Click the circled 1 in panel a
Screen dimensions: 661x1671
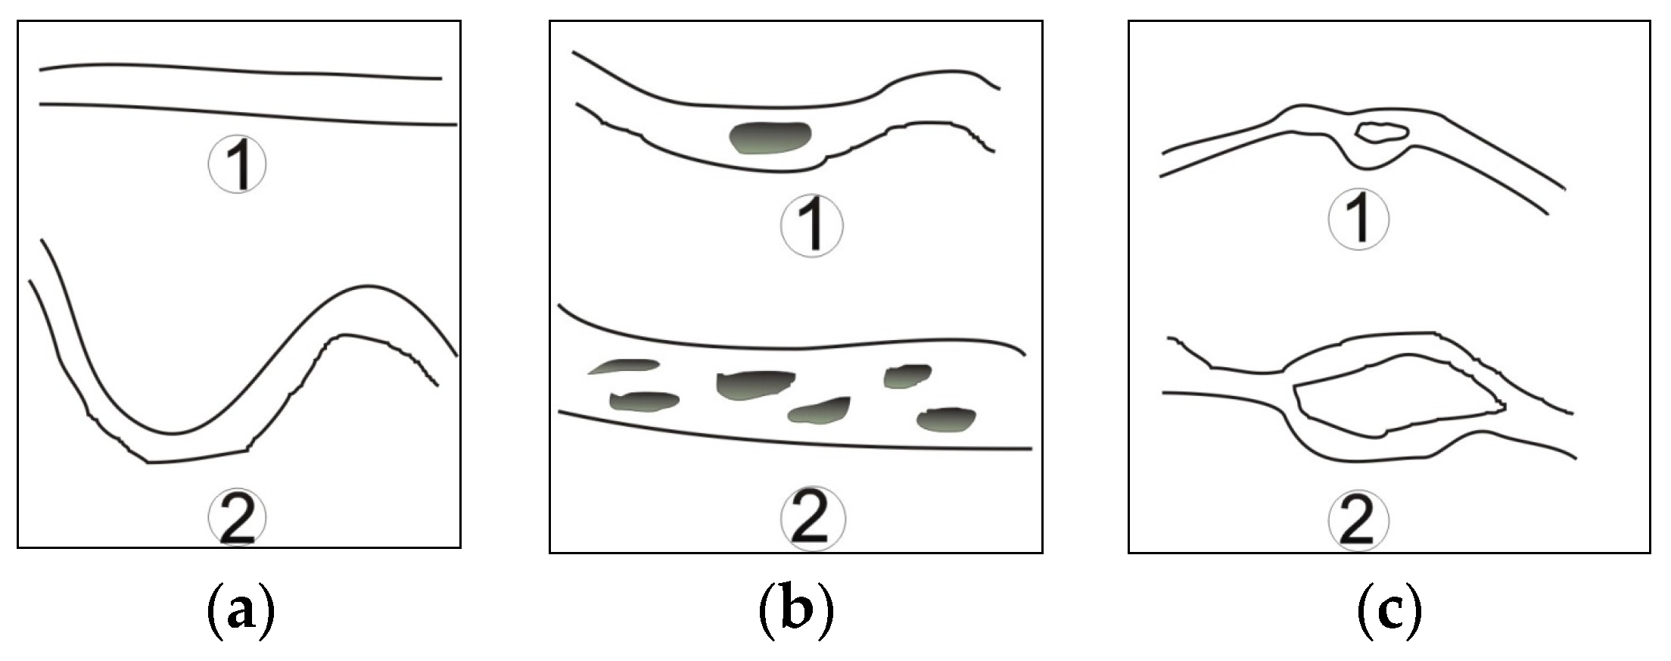tap(238, 164)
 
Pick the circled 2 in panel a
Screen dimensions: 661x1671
tap(238, 518)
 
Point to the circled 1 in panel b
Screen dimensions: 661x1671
tap(812, 225)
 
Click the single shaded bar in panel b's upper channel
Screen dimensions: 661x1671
tap(770, 138)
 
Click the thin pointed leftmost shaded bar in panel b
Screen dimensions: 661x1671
tap(625, 366)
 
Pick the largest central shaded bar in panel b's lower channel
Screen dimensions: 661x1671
tap(754, 383)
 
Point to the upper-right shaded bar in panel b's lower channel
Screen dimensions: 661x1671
tap(907, 375)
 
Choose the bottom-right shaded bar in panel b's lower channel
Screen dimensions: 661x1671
tap(946, 419)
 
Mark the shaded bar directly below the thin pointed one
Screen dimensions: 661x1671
tap(644, 401)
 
